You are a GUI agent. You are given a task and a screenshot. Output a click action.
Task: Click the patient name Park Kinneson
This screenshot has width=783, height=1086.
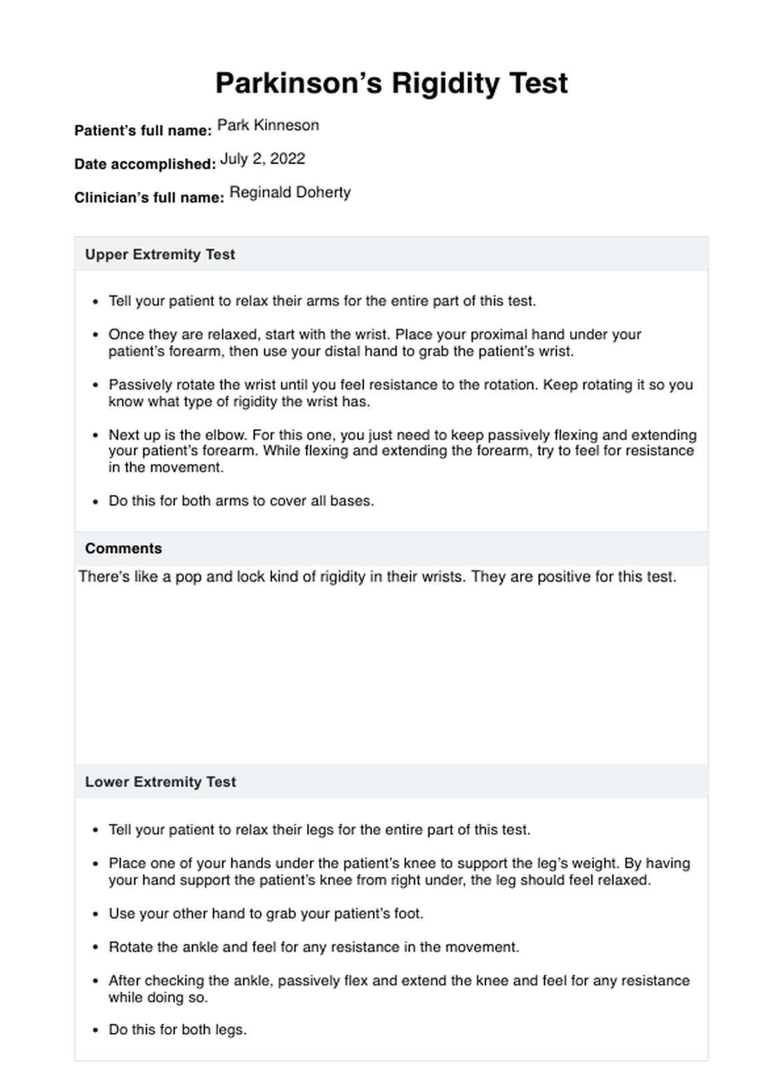268,125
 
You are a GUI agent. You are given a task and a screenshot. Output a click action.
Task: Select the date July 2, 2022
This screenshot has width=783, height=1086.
262,159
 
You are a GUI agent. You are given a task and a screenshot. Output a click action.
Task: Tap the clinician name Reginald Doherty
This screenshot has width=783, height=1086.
290,193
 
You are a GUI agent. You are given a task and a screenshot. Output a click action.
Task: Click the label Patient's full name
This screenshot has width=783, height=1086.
142,131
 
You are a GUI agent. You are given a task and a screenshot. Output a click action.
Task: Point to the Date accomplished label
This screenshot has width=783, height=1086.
144,164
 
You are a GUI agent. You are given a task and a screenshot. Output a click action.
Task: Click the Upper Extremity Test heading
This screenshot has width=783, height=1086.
160,255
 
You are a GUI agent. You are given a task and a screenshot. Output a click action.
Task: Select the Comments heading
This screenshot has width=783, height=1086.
123,548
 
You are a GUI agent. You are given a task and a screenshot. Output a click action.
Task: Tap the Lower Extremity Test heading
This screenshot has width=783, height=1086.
160,782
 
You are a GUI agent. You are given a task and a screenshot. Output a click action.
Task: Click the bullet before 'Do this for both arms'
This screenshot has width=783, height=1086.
95,502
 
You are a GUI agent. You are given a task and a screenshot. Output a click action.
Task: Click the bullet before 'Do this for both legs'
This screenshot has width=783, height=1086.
95,1030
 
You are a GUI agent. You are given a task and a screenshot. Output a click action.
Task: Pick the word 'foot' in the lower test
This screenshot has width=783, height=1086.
407,913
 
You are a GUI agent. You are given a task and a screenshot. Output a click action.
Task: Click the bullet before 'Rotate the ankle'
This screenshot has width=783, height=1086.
95,947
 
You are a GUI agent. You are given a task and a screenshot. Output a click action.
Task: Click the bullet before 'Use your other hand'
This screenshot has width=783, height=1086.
95,914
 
